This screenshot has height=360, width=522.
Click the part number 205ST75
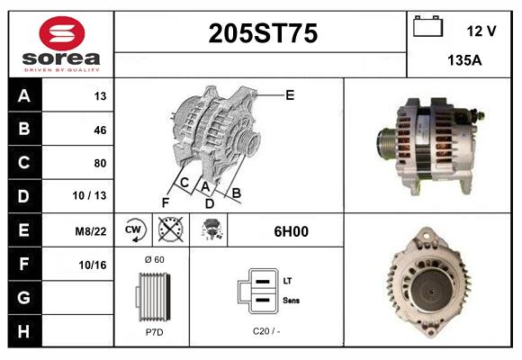point(263,34)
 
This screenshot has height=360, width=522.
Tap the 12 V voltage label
point(481,31)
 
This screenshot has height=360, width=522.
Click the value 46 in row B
point(100,130)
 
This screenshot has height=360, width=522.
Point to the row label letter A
point(23,96)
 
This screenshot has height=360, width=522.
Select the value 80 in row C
point(100,163)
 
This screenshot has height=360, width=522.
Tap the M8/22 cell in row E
point(93,231)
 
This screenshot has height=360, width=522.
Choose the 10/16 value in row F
point(94,265)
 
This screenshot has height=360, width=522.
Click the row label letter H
point(23,332)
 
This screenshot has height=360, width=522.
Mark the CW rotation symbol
point(134,230)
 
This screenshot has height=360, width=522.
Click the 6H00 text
point(291,231)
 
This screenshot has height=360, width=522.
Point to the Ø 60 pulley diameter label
point(153,259)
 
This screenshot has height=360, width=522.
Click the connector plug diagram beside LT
point(255,291)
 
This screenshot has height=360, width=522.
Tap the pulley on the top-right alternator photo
point(388,145)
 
